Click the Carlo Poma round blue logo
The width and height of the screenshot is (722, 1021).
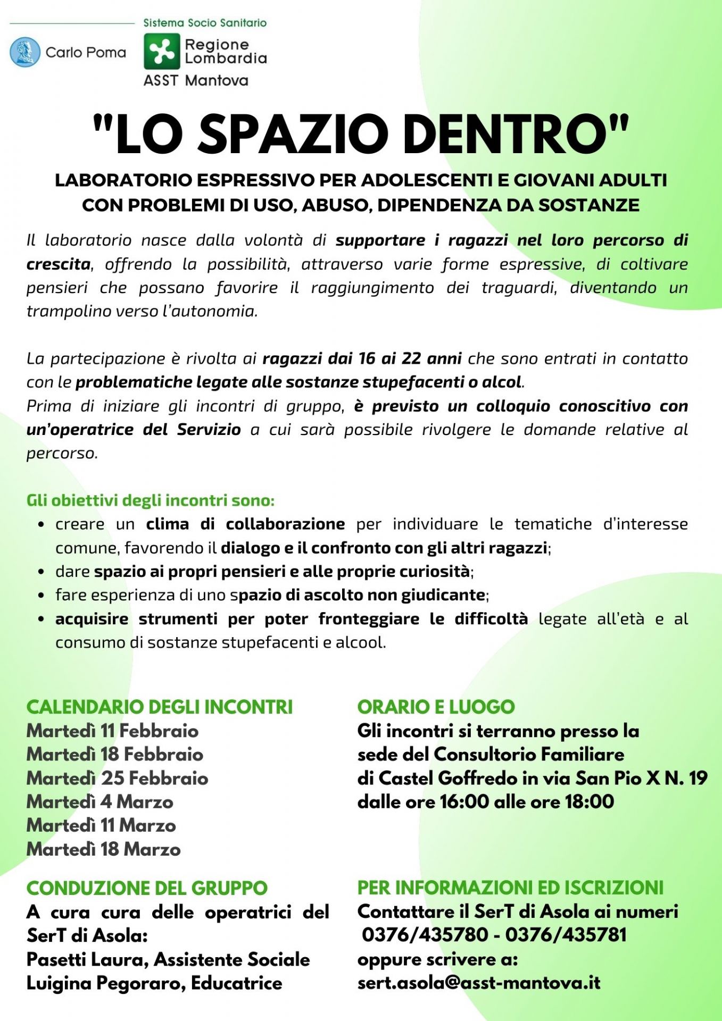pos(25,52)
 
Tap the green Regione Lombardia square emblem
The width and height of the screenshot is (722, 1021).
pos(162,52)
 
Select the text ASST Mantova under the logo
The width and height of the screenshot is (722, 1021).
pos(196,81)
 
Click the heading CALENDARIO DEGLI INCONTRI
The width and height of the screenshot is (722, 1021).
pos(160,707)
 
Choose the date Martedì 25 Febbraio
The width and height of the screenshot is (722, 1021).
pos(117,778)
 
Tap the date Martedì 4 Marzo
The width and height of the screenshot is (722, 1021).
pos(100,801)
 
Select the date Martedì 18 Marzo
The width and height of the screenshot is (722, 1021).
pos(104,849)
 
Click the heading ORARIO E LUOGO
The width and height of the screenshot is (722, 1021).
pos(436,707)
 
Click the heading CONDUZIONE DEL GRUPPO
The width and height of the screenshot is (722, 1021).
pos(147,888)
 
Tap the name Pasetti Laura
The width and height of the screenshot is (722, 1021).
pos(88,959)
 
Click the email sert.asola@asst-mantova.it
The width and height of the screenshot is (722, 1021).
pos(478,983)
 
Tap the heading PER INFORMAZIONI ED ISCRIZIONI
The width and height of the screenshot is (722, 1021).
pos(510,888)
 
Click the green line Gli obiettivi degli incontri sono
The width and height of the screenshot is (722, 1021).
pos(151,500)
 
